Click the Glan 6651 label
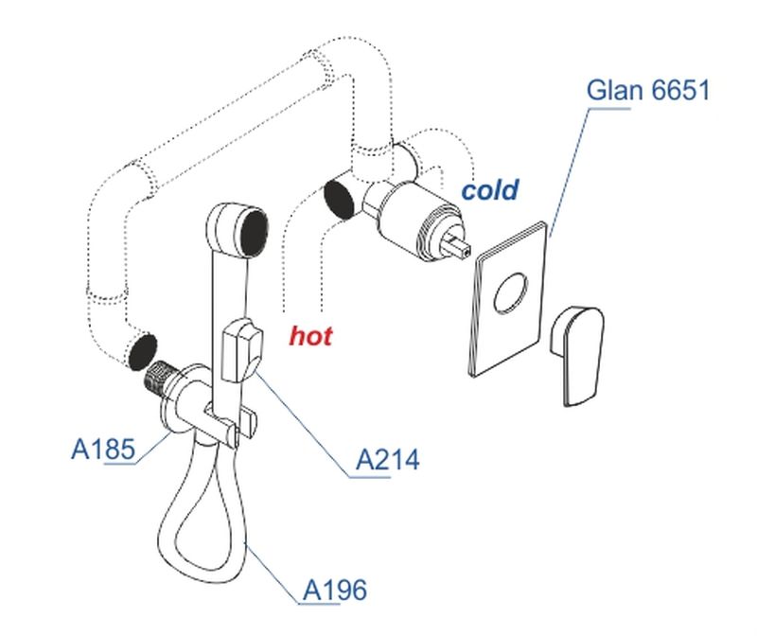tap(647, 91)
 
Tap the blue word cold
tap(489, 190)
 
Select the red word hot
tap(310, 336)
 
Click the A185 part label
tap(103, 448)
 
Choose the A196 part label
tap(333, 591)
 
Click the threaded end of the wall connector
tap(155, 376)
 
